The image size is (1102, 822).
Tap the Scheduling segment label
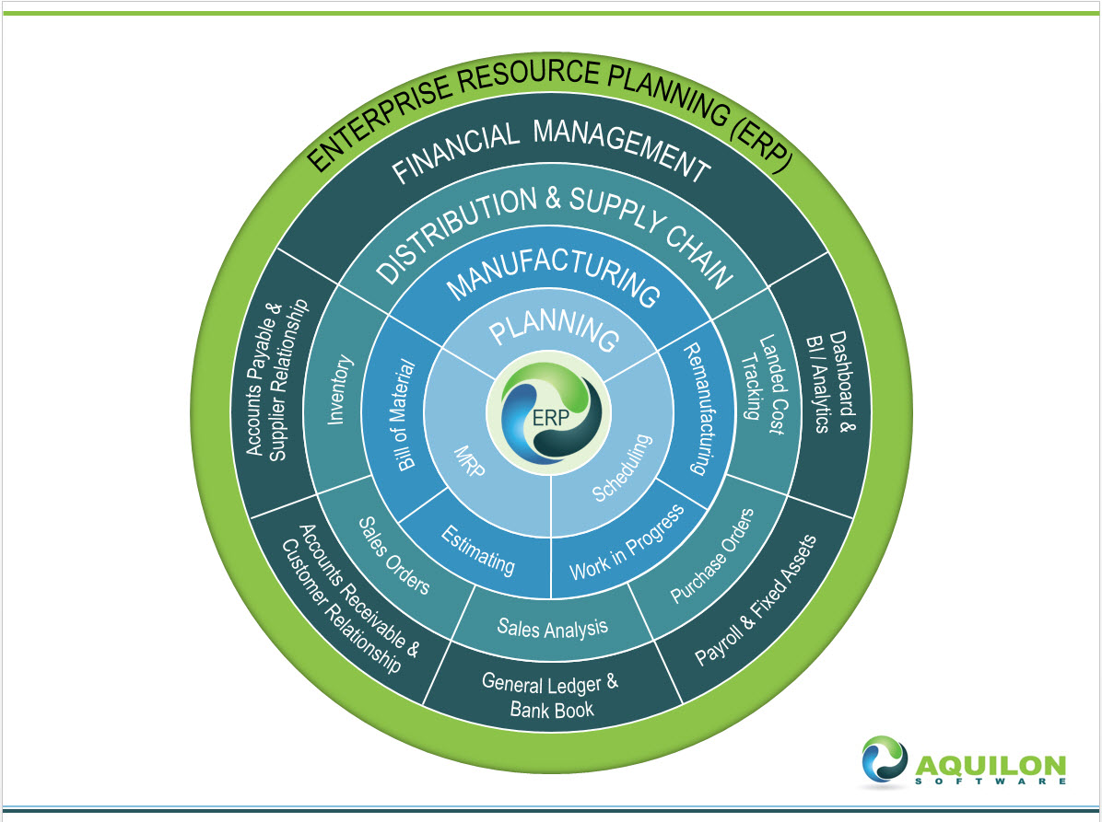(622, 468)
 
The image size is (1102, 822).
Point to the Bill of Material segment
(404, 414)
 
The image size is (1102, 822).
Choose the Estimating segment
(477, 548)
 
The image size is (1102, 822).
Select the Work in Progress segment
(627, 543)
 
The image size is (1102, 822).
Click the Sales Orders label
(393, 553)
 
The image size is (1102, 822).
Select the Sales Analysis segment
(552, 628)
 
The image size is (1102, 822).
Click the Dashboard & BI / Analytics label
(827, 382)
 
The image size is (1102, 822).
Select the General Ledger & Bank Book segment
(551, 696)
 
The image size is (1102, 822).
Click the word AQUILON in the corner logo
(990, 764)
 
